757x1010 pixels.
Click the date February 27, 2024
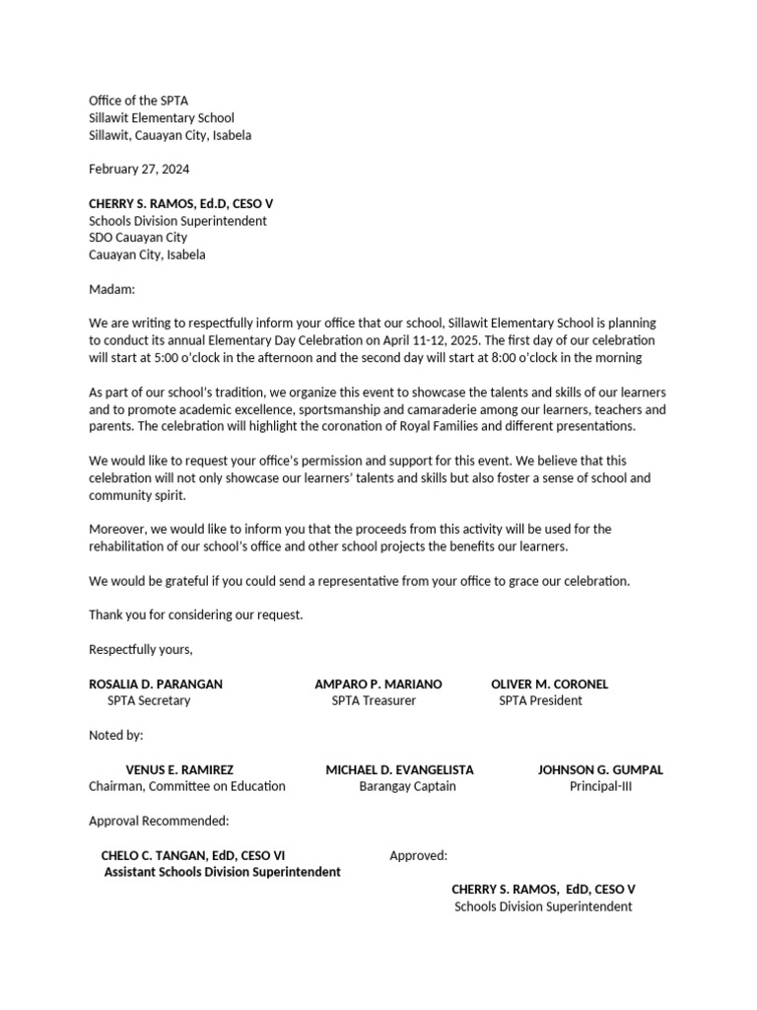(x=138, y=169)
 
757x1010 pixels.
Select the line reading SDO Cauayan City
(x=138, y=238)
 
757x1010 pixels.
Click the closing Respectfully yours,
(x=141, y=649)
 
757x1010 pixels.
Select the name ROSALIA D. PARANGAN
(x=156, y=684)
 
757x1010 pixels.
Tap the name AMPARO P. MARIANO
(x=378, y=684)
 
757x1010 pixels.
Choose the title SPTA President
(x=540, y=700)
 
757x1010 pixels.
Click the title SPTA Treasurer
(x=374, y=700)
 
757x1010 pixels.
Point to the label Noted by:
(x=116, y=735)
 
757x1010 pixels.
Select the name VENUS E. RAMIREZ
(x=179, y=769)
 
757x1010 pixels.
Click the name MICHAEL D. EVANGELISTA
(x=399, y=769)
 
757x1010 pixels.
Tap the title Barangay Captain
(x=407, y=786)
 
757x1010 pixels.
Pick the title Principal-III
(x=600, y=786)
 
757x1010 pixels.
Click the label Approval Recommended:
(x=159, y=821)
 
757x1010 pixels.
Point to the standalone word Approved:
(x=418, y=855)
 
